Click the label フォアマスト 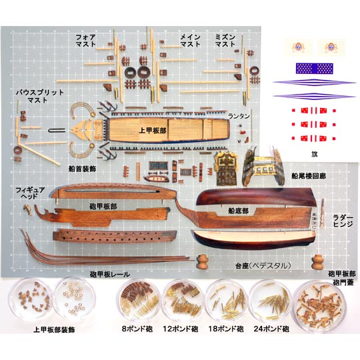coord(85,41)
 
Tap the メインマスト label coord(190,41)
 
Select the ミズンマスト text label coord(225,41)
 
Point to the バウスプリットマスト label coord(40,96)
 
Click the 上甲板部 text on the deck coord(153,131)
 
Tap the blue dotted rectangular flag coord(314,69)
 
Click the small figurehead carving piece coord(27,209)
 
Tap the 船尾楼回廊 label coord(309,176)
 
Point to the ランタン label coord(239,116)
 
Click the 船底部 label coord(238,211)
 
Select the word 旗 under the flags coord(314,154)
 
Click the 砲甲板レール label coord(110,275)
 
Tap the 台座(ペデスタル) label coord(263,266)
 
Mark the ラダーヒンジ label coord(343,221)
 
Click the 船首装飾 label coord(82,169)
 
